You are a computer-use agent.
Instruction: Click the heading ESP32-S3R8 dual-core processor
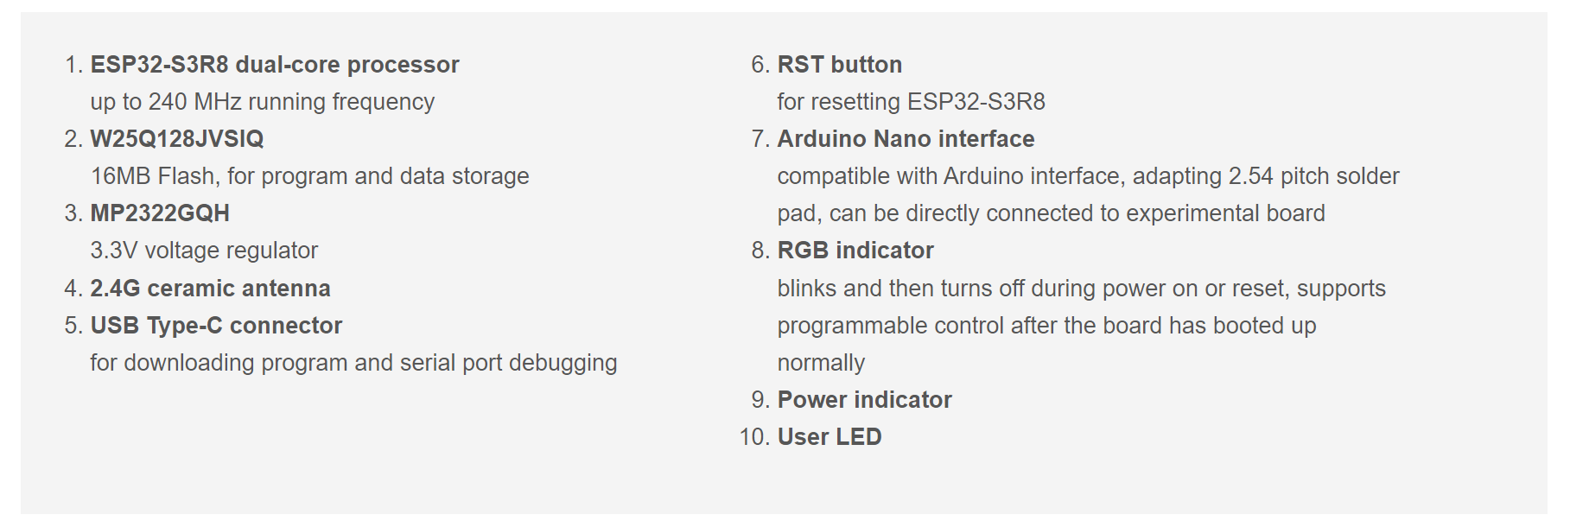275,65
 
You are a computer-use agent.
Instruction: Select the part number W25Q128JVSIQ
177,139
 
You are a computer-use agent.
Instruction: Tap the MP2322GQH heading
160,213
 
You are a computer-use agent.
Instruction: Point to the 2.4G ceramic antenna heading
210,289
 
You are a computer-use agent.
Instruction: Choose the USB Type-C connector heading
216,326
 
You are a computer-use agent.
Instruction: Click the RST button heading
840,65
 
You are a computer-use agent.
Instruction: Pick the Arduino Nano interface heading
906,139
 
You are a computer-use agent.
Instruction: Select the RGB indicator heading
855,251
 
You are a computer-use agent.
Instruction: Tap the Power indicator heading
864,400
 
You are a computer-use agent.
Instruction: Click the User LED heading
829,437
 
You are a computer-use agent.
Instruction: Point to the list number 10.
753,437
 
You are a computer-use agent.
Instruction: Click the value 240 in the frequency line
168,102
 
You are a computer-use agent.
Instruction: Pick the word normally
821,364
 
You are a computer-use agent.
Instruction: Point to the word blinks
807,289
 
